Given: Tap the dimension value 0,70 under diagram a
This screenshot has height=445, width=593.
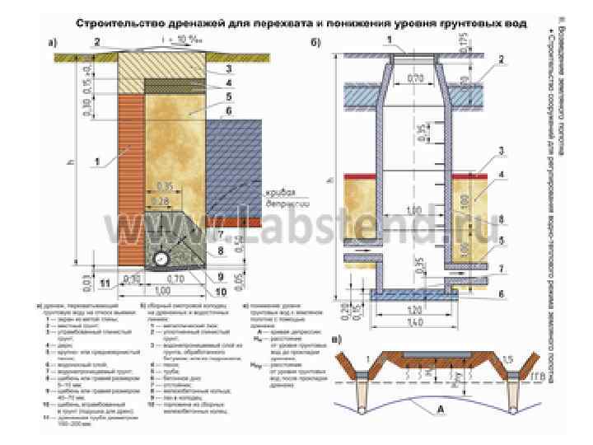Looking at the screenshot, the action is point(174,279).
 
